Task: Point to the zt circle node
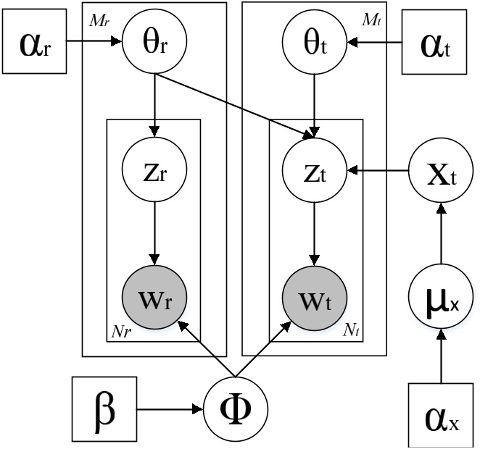tap(313, 172)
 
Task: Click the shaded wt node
tap(313, 298)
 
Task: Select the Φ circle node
tap(234, 408)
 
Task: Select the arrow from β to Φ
tap(170, 408)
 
